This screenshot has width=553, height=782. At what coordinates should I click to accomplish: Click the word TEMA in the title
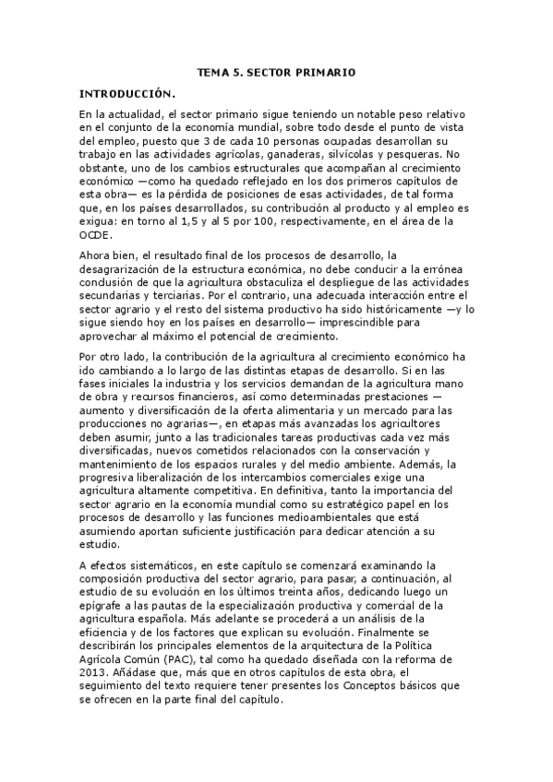click(211, 71)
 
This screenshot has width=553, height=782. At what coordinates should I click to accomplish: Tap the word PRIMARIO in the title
click(327, 71)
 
